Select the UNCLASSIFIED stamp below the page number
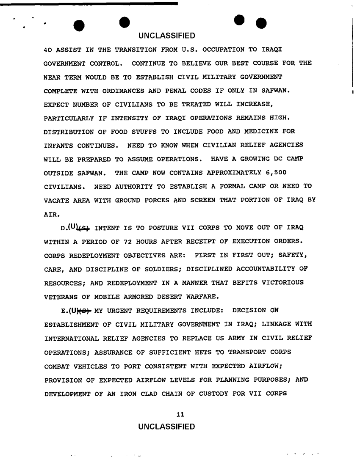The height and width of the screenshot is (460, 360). click(x=166, y=426)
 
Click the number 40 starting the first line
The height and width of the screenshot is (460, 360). click(x=48, y=50)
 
